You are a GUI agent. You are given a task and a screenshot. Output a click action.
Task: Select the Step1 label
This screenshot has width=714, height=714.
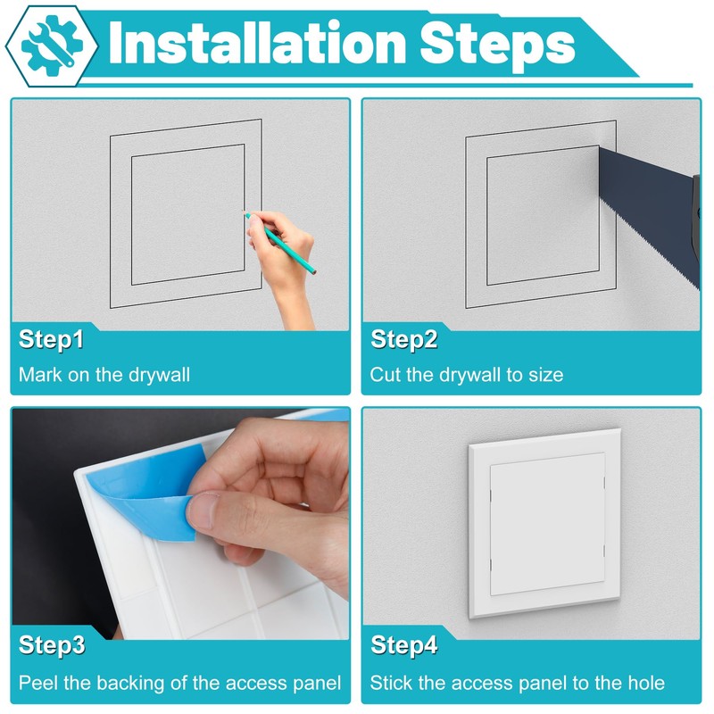pyautogui.click(x=52, y=339)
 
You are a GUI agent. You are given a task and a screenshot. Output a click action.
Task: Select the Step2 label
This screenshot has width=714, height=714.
pyautogui.click(x=404, y=339)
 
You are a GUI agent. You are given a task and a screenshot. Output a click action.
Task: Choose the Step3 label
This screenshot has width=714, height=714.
pyautogui.click(x=52, y=645)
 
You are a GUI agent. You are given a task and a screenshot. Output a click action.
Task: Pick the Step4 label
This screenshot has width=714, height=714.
pyautogui.click(x=404, y=645)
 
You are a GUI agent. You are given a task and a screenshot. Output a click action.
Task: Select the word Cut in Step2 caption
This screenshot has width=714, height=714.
pyautogui.click(x=386, y=375)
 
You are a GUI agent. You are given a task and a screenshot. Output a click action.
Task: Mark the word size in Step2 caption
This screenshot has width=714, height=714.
pyautogui.click(x=545, y=375)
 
